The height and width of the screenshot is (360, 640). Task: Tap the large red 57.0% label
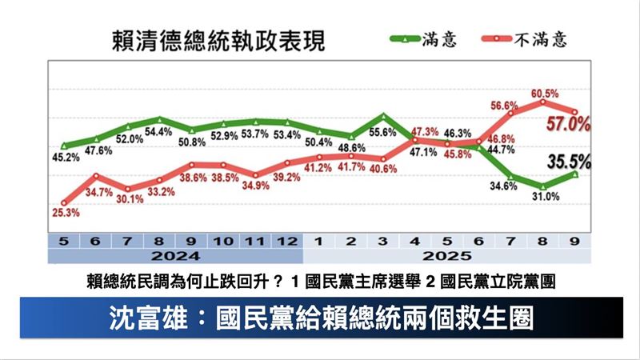click(x=568, y=124)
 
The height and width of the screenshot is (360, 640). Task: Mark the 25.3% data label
click(x=64, y=213)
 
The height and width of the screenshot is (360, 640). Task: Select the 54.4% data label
click(x=159, y=132)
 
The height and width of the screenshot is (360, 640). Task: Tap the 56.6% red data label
click(x=506, y=105)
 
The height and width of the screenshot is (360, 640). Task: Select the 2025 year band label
click(x=447, y=257)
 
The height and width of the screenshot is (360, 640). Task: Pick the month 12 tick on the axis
click(x=287, y=240)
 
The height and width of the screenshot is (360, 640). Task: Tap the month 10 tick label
click(x=223, y=240)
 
